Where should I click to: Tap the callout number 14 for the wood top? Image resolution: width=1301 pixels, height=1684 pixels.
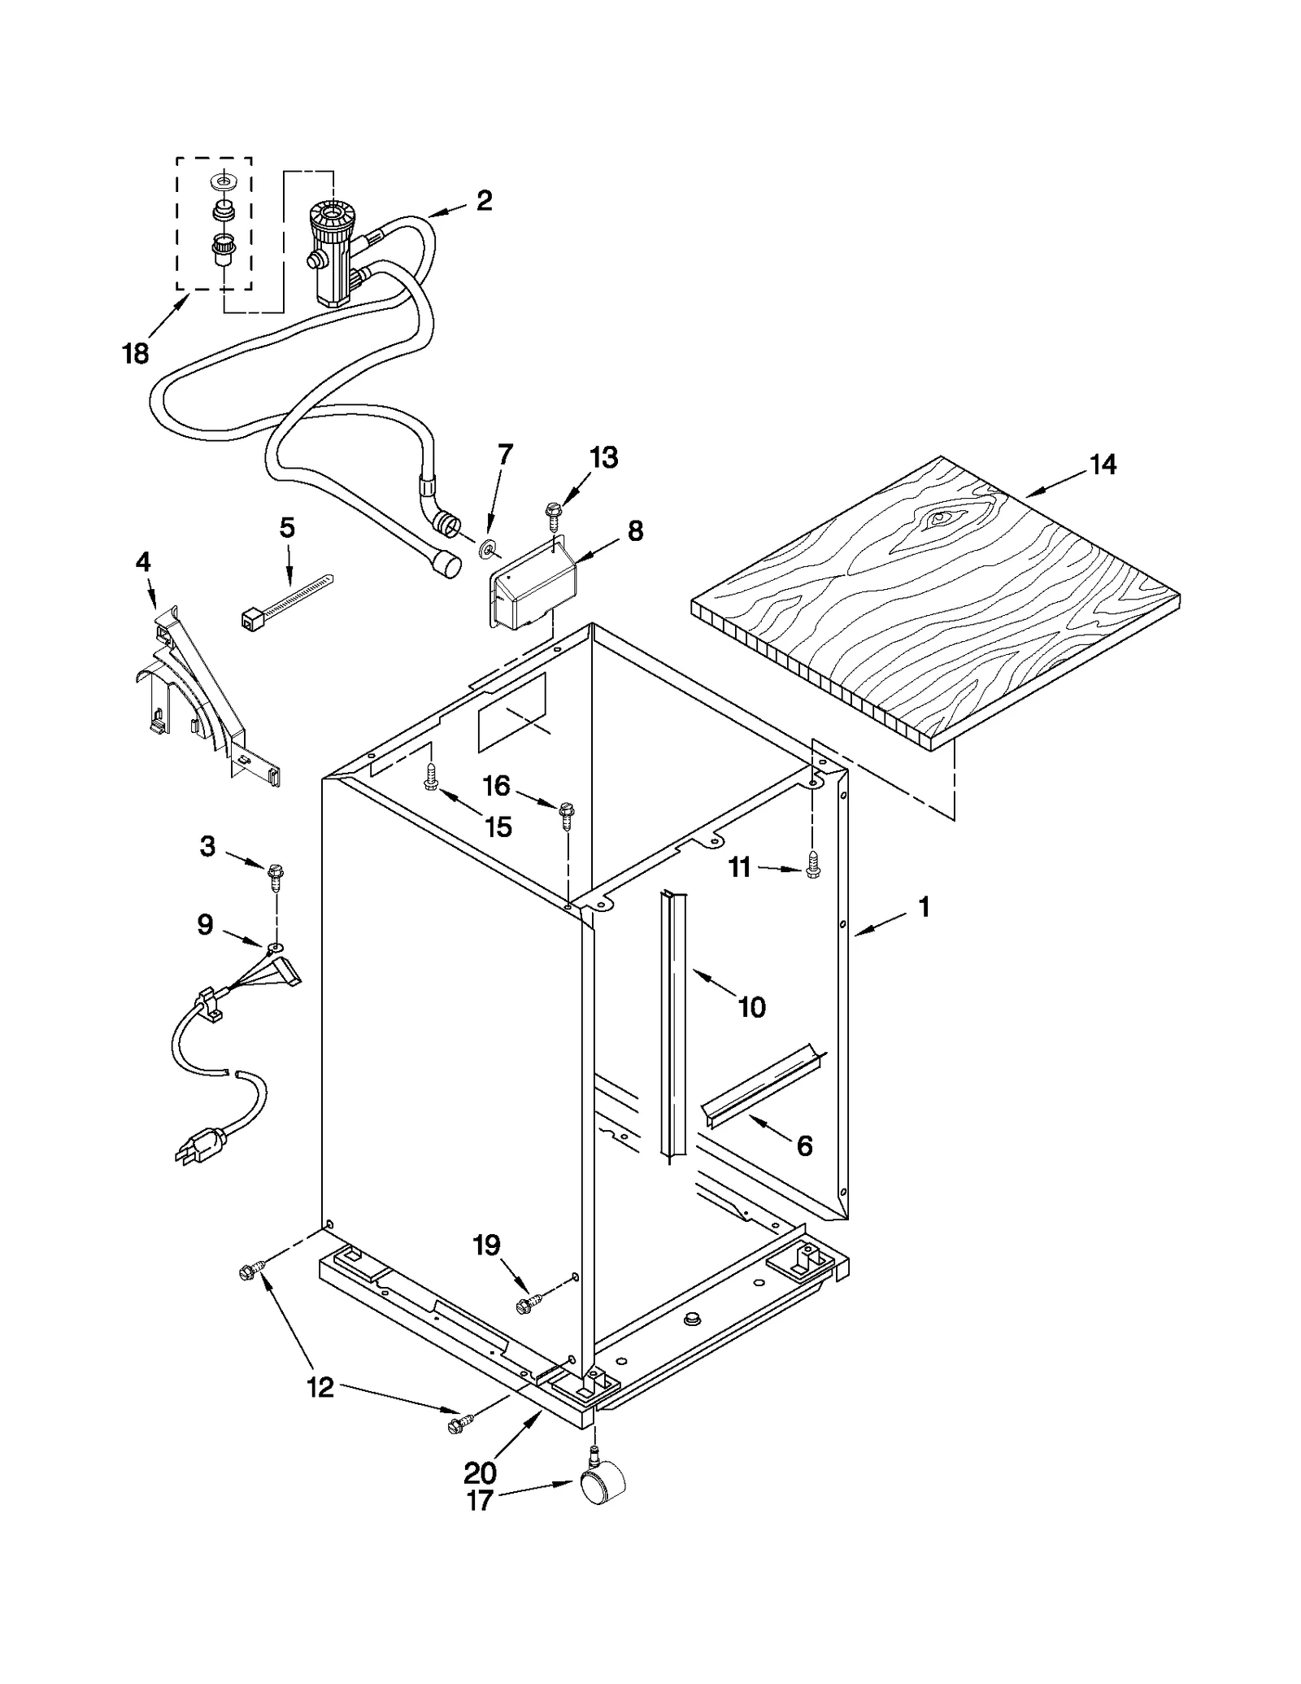(x=1103, y=465)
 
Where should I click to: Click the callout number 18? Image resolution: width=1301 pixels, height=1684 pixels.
(x=136, y=354)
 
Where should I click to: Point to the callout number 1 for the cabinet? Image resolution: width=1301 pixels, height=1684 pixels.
(x=924, y=907)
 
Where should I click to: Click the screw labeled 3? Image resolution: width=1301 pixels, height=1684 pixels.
(x=275, y=875)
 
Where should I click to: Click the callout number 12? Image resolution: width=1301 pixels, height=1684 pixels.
(x=320, y=1387)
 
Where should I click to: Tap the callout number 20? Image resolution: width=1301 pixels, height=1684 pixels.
(x=480, y=1472)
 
